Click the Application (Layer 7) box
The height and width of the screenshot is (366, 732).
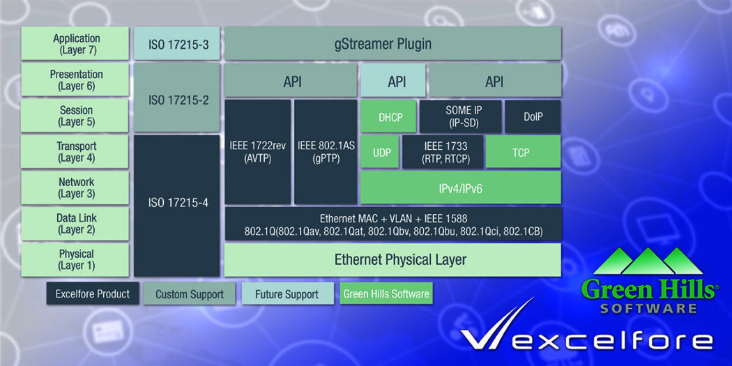coord(76,44)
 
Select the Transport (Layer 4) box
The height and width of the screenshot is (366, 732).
coord(76,152)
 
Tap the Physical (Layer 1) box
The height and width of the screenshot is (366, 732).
coord(76,259)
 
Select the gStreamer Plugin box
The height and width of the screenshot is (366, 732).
coord(392,44)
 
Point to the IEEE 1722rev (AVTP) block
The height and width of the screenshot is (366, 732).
coord(257,152)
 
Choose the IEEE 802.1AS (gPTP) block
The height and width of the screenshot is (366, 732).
coord(326,152)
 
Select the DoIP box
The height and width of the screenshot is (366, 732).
coord(533,116)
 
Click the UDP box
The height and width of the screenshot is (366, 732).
coord(381,152)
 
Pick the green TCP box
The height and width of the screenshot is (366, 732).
coord(523,152)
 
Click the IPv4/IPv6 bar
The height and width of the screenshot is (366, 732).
coord(461,187)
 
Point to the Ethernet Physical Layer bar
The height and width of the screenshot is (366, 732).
coord(392,260)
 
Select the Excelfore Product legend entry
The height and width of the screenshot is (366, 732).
coord(93,293)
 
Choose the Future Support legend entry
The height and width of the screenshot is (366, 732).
coord(287,293)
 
